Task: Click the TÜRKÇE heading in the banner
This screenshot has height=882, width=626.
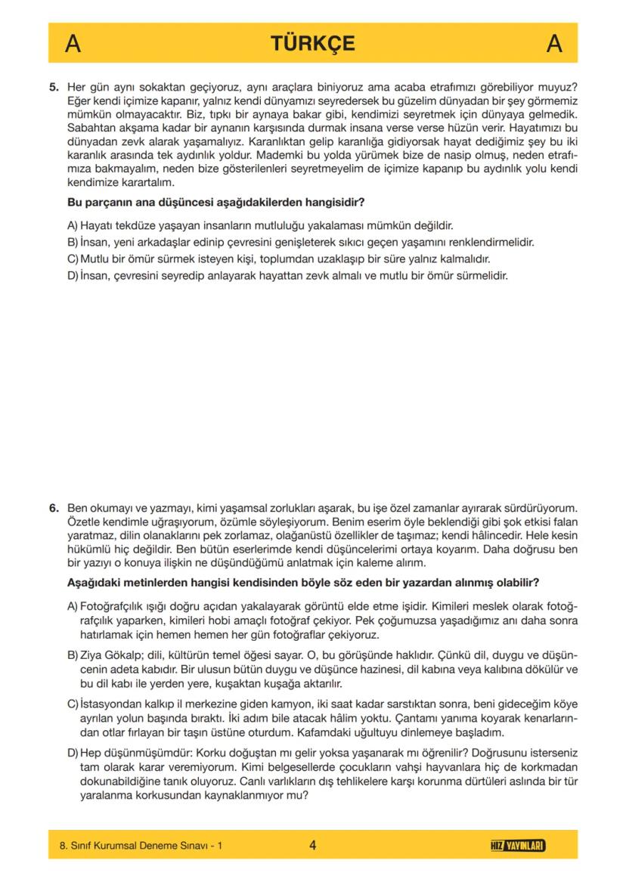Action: pyautogui.click(x=312, y=43)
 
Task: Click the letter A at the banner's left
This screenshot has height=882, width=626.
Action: pyautogui.click(x=73, y=44)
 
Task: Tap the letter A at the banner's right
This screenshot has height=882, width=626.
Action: pyautogui.click(x=554, y=44)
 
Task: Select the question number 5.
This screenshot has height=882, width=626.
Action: pyautogui.click(x=54, y=88)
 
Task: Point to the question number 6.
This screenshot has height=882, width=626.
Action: pyautogui.click(x=54, y=508)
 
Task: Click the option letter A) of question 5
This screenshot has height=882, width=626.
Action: pyautogui.click(x=73, y=225)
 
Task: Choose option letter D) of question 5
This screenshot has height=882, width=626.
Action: pyautogui.click(x=73, y=276)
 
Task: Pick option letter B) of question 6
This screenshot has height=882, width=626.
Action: pyautogui.click(x=73, y=652)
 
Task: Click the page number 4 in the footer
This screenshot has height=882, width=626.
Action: pyautogui.click(x=312, y=845)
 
